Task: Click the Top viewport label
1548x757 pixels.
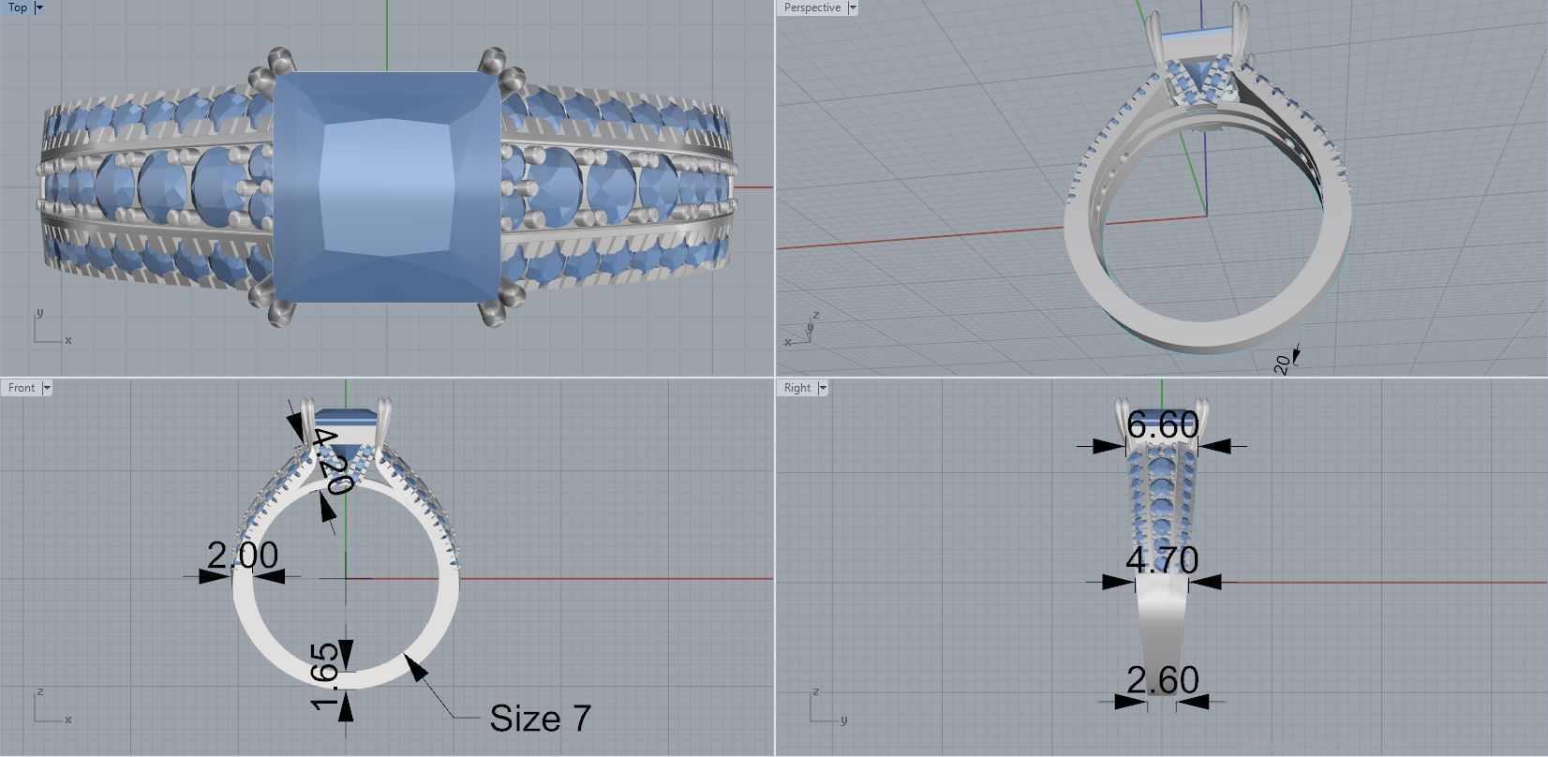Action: [x=17, y=7]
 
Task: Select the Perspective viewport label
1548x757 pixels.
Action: [x=811, y=7]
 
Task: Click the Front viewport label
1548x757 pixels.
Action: [x=21, y=388]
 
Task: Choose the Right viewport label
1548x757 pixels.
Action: [x=796, y=388]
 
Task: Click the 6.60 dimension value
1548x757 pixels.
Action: [x=1162, y=425]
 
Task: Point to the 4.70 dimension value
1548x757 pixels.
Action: [x=1162, y=560]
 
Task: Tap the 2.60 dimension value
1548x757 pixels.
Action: [x=1162, y=680]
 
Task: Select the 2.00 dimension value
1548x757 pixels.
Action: [x=243, y=556]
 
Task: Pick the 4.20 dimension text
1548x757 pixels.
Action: [x=331, y=462]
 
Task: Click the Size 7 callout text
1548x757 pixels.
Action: [x=541, y=719]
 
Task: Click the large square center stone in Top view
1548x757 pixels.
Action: [x=387, y=187]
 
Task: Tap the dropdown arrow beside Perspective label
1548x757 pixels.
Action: [x=852, y=7]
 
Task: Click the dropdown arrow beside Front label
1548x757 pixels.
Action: [x=47, y=388]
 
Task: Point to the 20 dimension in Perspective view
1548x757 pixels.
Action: [x=1283, y=364]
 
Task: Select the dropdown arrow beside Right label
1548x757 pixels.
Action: [x=823, y=388]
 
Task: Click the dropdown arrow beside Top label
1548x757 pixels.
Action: [x=38, y=7]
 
